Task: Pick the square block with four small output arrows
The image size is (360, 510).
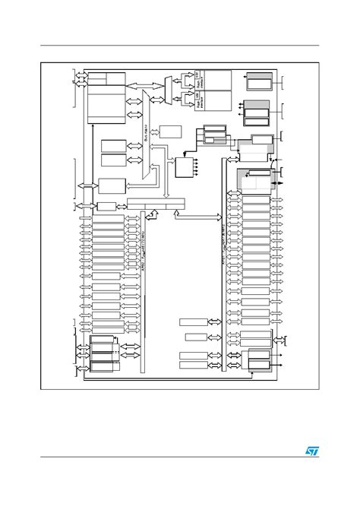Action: coord(185,167)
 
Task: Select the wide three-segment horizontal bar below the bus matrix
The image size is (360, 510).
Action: coord(156,203)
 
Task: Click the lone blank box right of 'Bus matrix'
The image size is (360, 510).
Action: coord(171,131)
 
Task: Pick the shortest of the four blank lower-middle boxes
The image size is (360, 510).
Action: coord(195,337)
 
